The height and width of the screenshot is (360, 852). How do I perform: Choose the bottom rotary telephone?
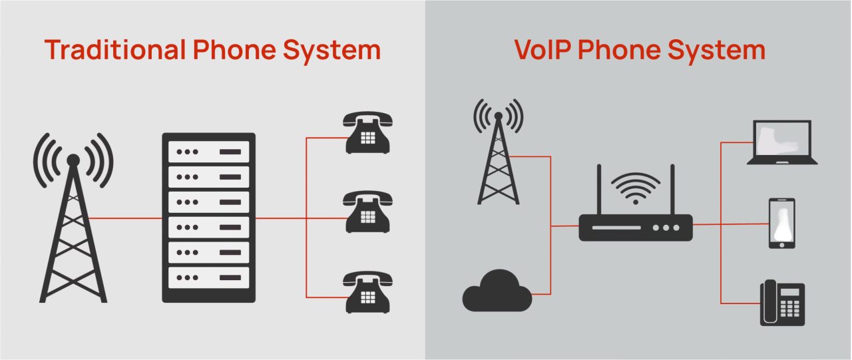click(x=367, y=291)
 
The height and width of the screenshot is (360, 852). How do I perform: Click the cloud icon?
click(x=497, y=291)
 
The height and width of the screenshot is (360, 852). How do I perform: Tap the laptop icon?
click(x=781, y=142)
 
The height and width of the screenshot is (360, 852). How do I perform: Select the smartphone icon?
click(x=782, y=224)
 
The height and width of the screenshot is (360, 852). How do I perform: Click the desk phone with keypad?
click(x=783, y=302)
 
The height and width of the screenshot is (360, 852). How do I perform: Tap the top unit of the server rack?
click(x=208, y=152)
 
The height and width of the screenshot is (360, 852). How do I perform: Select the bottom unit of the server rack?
click(x=208, y=277)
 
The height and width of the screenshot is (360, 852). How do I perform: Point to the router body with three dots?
click(x=636, y=228)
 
